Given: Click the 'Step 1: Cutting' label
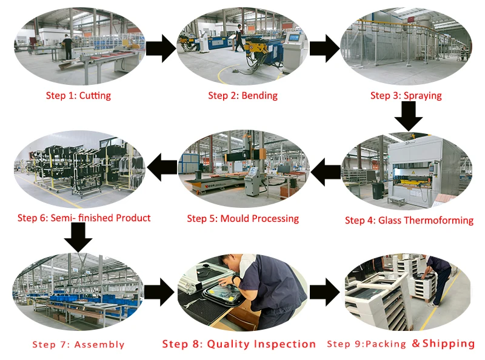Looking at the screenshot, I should (78, 95).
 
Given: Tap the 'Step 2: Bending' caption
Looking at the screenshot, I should (242, 95).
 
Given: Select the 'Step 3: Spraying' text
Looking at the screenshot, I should (406, 95).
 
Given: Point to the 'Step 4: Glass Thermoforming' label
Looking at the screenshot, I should (409, 220).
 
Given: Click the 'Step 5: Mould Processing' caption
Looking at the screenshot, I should (242, 218).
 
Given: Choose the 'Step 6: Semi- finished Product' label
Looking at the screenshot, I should (84, 218).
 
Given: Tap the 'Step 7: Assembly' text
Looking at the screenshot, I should (78, 345).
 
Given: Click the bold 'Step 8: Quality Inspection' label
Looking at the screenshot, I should (239, 344).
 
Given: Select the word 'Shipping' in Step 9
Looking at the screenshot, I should (449, 344).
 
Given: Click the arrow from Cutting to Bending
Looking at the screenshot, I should (160, 48).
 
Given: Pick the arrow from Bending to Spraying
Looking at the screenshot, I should (324, 48).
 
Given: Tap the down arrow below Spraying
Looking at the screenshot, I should (408, 116).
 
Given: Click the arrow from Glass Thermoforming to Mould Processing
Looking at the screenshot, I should (326, 172).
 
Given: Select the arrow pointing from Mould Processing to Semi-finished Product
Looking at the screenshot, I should (162, 168).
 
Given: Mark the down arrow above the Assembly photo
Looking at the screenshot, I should (78, 237).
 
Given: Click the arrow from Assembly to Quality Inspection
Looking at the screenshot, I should (160, 293).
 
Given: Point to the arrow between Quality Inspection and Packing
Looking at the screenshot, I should (324, 293).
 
